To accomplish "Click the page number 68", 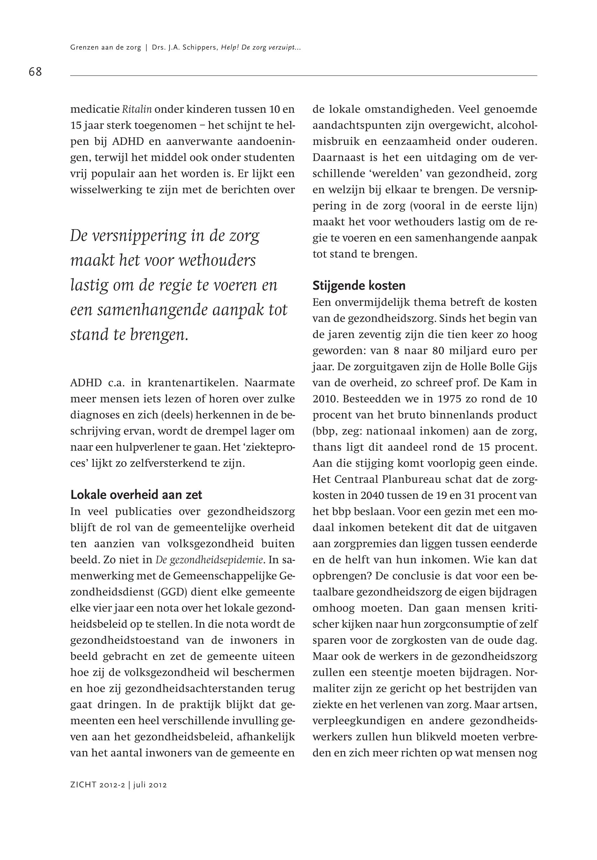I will tap(35, 71).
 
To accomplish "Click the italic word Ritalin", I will tap(137, 110).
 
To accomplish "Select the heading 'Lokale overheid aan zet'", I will tap(136, 495).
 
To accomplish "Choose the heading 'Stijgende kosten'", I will tap(359, 285).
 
